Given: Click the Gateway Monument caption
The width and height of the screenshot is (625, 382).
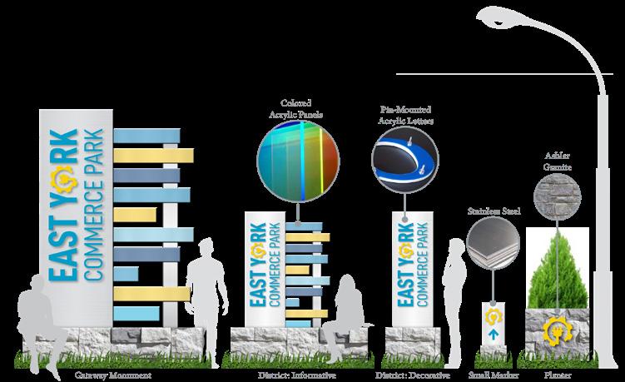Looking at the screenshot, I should tap(115, 375).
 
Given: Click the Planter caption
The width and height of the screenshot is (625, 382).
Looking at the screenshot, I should tap(558, 375).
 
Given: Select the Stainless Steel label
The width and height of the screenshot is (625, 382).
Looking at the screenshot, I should tap(493, 211).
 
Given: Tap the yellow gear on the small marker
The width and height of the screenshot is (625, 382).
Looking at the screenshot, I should tap(493, 317).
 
